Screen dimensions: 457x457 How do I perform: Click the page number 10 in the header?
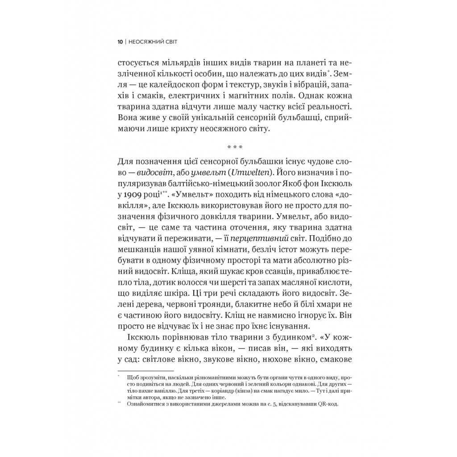click(120, 42)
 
